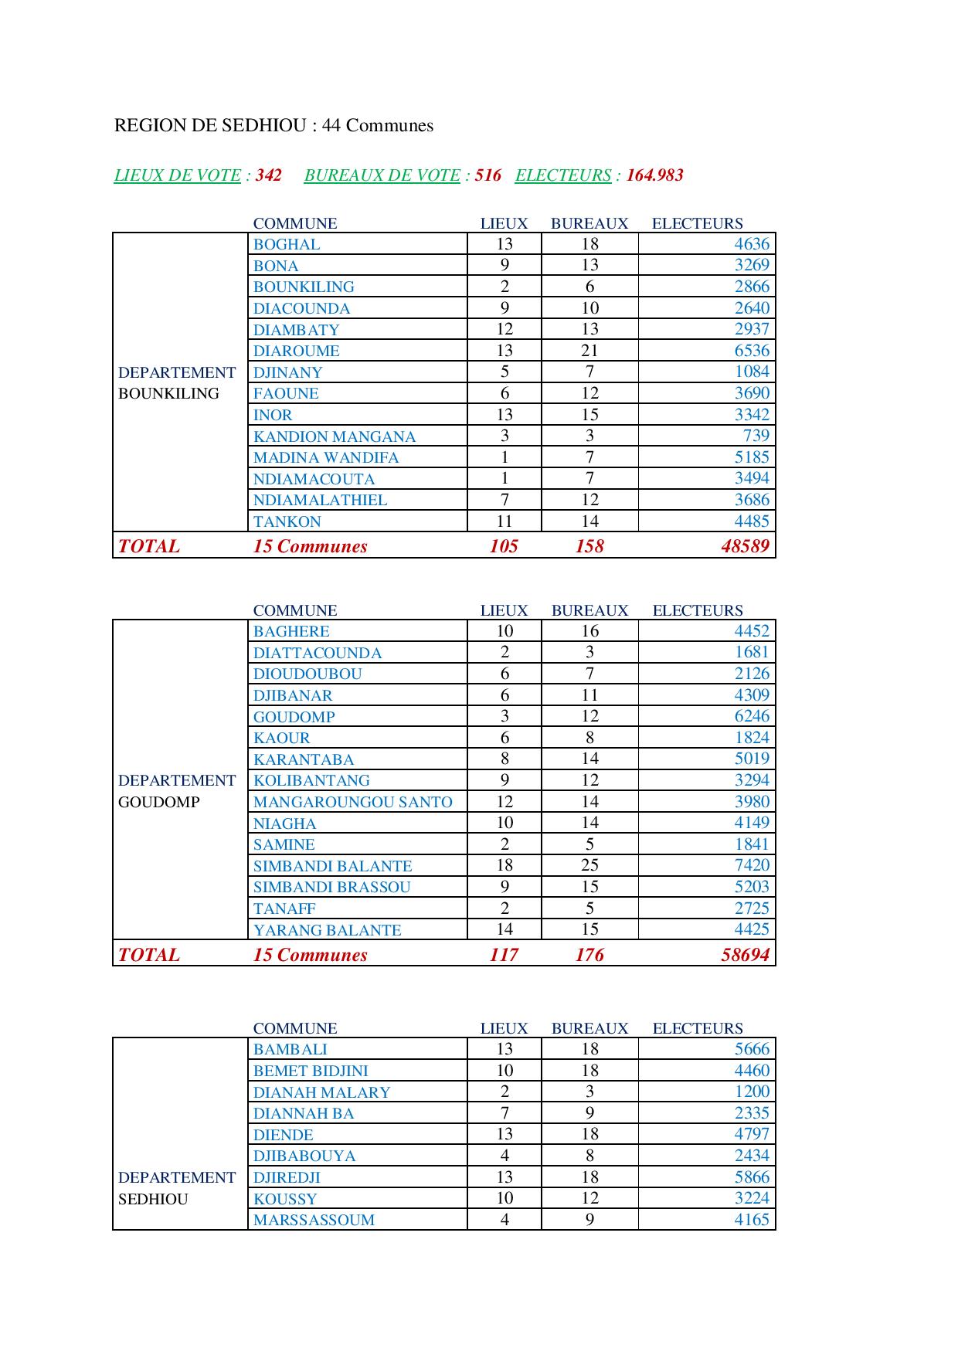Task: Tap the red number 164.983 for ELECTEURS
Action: [654, 175]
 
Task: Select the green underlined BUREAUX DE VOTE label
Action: [382, 175]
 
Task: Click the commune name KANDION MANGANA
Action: [335, 436]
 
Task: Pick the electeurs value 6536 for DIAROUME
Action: [752, 351]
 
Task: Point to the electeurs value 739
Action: [756, 436]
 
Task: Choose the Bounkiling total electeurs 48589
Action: [745, 546]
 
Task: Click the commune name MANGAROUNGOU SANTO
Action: [352, 802]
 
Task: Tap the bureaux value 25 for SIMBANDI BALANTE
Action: [589, 865]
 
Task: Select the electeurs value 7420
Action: [752, 865]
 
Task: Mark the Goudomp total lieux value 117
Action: [504, 955]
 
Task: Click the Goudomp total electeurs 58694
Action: [745, 955]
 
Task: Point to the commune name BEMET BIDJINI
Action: [311, 1071]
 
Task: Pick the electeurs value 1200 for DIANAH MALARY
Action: [752, 1092]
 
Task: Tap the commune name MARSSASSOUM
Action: [314, 1220]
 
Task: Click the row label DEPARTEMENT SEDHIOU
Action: [176, 1188]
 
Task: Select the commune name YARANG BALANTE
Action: [327, 930]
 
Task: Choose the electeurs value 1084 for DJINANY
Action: [752, 372]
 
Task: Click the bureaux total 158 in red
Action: [589, 546]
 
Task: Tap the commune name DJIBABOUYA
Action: [304, 1156]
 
